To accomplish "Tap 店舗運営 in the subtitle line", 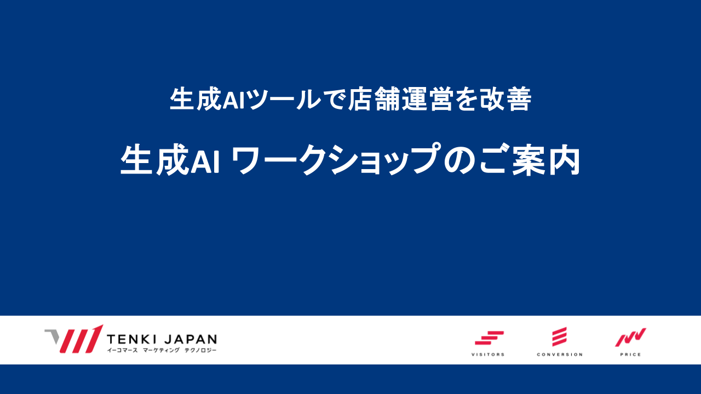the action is (400, 99).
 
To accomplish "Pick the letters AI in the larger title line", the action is (205, 160).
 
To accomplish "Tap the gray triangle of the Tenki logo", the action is (52, 337).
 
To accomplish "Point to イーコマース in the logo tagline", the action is (122, 350).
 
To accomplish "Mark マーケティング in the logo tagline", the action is (161, 350).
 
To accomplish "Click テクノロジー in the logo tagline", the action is (200, 350).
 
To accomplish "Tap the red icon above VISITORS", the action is (489, 338).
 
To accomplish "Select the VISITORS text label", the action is (488, 355).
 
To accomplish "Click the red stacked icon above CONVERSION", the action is (560, 337).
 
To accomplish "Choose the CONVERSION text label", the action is (560, 355).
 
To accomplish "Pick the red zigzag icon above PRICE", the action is (630, 338).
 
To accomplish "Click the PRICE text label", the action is (630, 355).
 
